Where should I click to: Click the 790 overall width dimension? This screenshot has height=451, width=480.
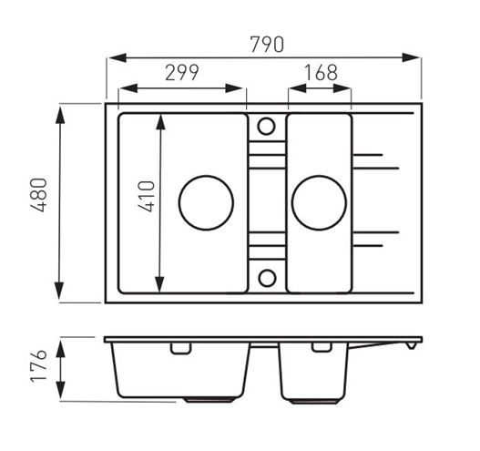click(267, 45)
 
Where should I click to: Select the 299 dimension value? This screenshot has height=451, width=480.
click(182, 73)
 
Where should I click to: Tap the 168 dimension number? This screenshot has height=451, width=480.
click(322, 73)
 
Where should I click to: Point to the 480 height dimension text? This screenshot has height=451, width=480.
click(39, 195)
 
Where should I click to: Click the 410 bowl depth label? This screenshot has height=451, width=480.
click(147, 196)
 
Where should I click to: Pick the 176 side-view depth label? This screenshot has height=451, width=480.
click(39, 366)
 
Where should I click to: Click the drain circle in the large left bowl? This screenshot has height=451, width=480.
click(206, 202)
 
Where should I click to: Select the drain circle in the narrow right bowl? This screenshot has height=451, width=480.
click(319, 202)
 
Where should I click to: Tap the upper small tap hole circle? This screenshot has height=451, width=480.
click(266, 126)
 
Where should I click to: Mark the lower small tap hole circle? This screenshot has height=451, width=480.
click(267, 278)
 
